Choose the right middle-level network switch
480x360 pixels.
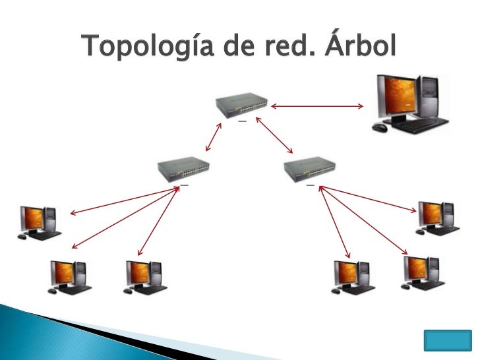coord(310,169)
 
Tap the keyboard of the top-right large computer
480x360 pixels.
coord(423,126)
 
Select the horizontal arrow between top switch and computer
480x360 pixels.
coord(317,105)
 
